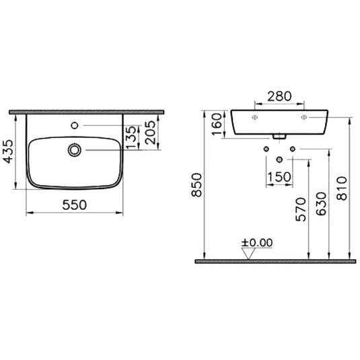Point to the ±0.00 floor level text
[257, 241]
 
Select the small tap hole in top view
[75, 126]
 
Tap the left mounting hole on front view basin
[254, 118]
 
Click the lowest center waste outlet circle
[279, 159]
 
